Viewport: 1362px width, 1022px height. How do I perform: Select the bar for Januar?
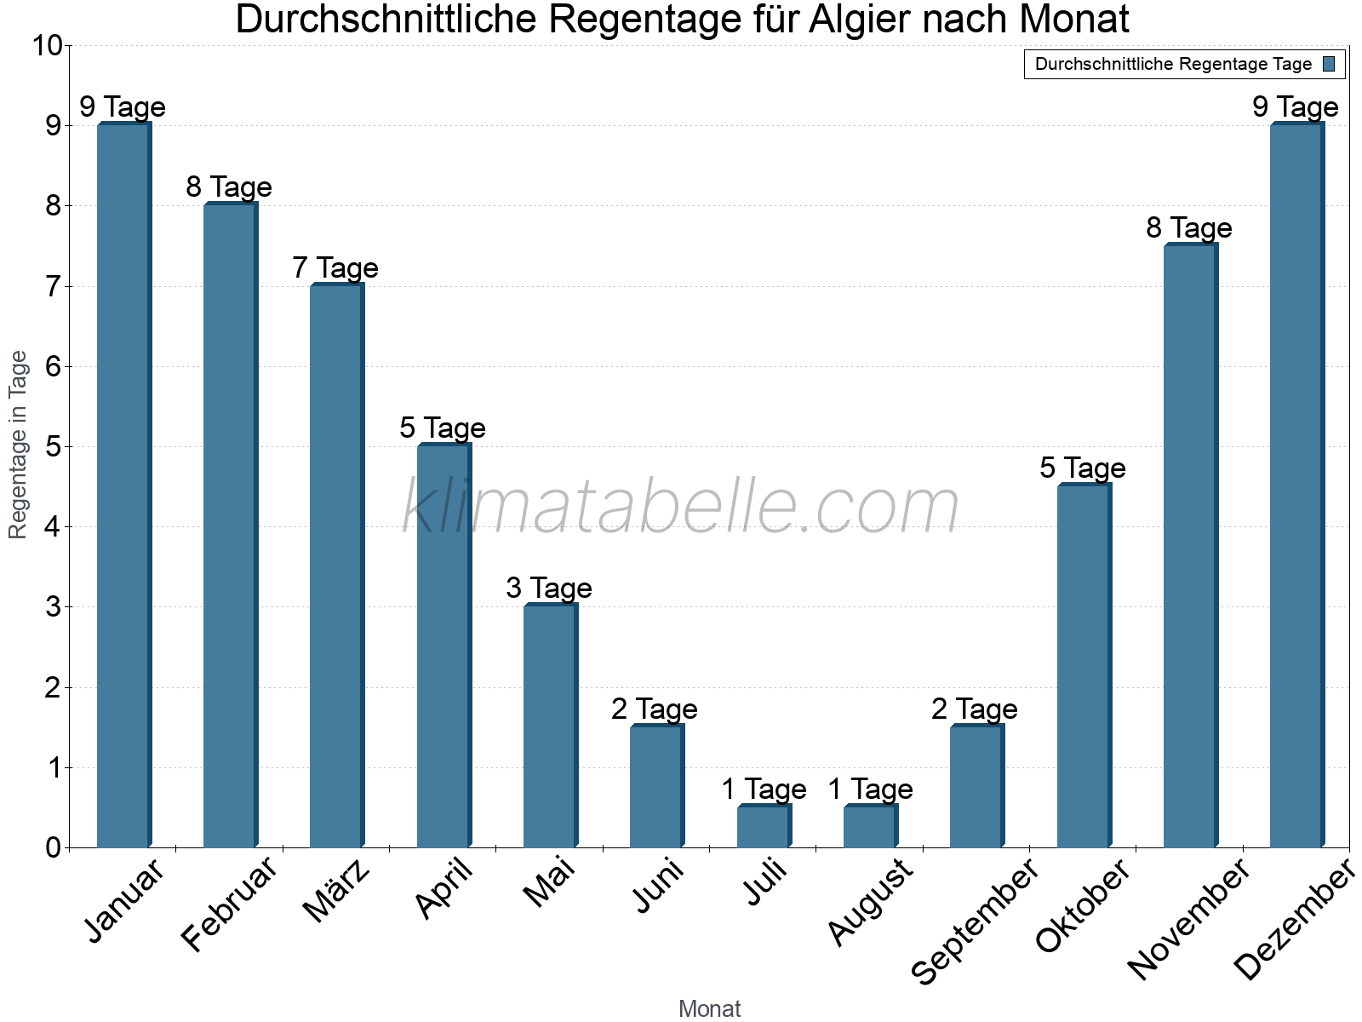click(123, 485)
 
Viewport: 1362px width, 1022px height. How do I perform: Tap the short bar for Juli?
click(764, 826)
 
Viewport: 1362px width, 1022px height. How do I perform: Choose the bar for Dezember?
click(1296, 485)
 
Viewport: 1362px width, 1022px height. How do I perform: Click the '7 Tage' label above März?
click(335, 268)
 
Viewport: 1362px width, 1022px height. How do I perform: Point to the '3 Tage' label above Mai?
click(549, 589)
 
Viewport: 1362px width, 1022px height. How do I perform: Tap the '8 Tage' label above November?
click(1189, 228)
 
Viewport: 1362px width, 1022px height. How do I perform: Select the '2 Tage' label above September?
click(975, 709)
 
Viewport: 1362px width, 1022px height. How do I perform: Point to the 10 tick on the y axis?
click(47, 46)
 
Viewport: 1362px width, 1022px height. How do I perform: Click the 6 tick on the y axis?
click(53, 367)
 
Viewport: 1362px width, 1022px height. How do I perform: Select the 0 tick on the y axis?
click(53, 848)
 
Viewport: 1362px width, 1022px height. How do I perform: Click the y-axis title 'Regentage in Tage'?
click(19, 445)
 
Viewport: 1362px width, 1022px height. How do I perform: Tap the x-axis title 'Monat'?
click(709, 1009)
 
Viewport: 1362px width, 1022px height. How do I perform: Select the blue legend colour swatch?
click(1329, 64)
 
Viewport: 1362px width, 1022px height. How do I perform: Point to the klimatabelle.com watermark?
click(680, 507)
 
